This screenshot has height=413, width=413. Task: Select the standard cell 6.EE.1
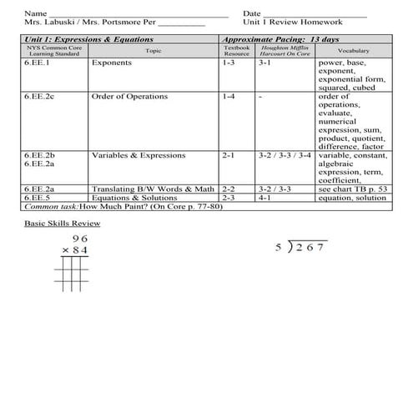(37, 63)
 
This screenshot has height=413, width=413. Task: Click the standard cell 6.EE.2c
(39, 97)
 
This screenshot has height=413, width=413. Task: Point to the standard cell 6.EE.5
(37, 198)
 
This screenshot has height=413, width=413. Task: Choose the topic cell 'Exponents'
(111, 63)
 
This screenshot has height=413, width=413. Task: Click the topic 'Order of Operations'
(126, 97)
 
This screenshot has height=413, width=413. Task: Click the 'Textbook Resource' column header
(236, 51)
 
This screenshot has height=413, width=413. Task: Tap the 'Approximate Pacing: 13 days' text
(280, 39)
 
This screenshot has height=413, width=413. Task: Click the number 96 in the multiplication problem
(79, 239)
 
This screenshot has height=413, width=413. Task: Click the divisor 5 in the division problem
(278, 248)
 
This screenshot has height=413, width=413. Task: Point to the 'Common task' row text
(133, 206)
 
